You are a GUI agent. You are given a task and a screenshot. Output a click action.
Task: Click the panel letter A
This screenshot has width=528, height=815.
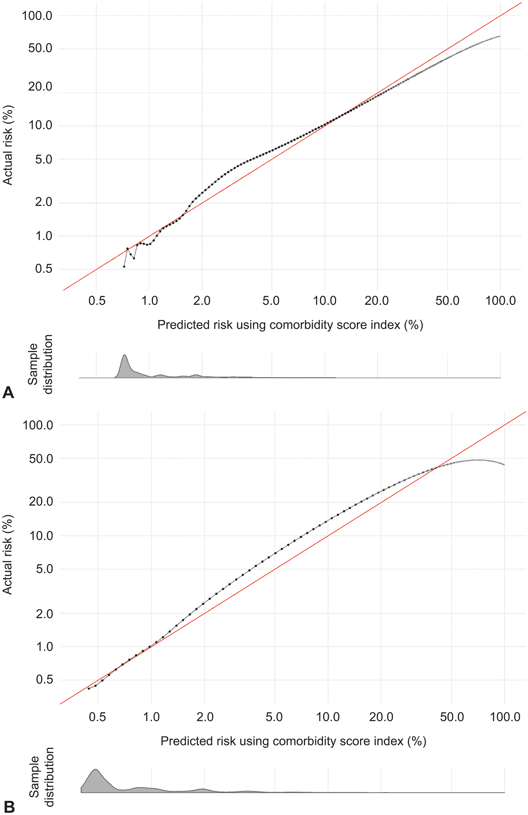pyautogui.click(x=8, y=392)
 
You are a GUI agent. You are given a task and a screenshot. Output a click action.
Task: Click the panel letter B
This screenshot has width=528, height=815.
pyautogui.click(x=9, y=807)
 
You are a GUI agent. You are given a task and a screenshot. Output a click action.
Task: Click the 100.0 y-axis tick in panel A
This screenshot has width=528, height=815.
pyautogui.click(x=37, y=16)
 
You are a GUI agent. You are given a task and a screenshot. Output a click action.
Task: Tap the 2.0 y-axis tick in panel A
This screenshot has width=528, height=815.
pyautogui.click(x=43, y=202)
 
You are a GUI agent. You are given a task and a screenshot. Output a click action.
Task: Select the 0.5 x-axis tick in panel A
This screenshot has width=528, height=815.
pyautogui.click(x=97, y=301)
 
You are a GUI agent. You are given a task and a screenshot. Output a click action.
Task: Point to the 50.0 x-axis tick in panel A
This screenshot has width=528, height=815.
pyautogui.click(x=447, y=301)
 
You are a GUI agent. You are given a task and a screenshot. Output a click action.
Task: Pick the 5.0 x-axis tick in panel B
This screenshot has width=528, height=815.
pyautogui.click(x=274, y=717)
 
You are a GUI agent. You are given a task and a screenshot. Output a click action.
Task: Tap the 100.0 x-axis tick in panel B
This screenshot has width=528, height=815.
pyautogui.click(x=505, y=717)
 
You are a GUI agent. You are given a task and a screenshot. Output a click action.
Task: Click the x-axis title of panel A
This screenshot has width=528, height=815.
pyautogui.click(x=290, y=325)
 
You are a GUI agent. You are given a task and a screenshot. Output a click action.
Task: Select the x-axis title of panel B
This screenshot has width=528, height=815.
pyautogui.click(x=293, y=741)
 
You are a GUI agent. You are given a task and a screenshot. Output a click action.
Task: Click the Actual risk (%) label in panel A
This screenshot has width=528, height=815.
pyautogui.click(x=8, y=145)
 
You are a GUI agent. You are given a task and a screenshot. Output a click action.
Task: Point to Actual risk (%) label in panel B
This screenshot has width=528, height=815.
pyautogui.click(x=8, y=554)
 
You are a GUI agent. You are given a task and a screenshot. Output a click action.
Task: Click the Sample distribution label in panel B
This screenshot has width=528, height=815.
pyautogui.click(x=41, y=777)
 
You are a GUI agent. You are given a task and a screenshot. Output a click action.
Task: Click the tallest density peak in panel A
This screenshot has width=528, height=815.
pyautogui.click(x=125, y=356)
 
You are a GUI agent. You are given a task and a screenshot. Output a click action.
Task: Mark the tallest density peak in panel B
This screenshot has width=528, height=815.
pyautogui.click(x=95, y=770)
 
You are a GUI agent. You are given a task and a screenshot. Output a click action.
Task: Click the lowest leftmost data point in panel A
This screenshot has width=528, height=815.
pyautogui.click(x=124, y=266)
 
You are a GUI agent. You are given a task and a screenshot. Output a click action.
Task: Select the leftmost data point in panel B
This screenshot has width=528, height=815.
pyautogui.click(x=89, y=688)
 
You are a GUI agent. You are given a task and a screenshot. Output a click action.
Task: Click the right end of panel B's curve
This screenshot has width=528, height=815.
pyautogui.click(x=504, y=465)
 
